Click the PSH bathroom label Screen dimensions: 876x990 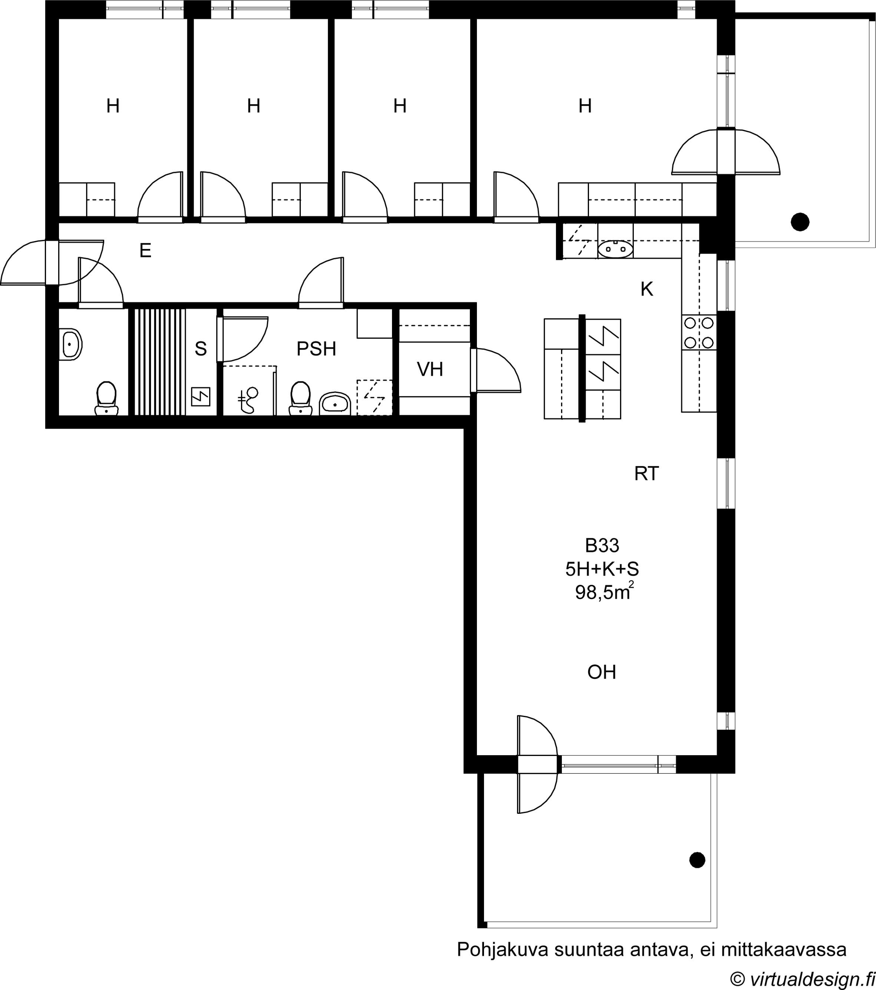tap(316, 349)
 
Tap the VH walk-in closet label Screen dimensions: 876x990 tap(430, 369)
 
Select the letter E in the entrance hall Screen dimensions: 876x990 tap(145, 250)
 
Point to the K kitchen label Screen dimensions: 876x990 tap(647, 289)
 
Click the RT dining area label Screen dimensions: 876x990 tap(646, 474)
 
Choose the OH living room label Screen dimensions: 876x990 tap(602, 672)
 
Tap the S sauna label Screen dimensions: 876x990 tap(201, 349)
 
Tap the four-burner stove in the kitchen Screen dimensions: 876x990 tap(699, 333)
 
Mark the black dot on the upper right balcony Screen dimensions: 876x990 tap(800, 222)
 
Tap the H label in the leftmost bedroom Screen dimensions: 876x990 tap(113, 106)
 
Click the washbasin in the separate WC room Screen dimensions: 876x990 tap(70, 344)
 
